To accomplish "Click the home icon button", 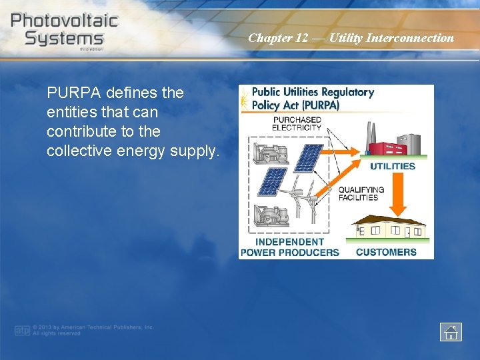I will (451, 331).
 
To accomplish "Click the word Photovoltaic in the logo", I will (64, 20).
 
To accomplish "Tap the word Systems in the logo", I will (64, 38).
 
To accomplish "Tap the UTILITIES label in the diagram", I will (393, 166).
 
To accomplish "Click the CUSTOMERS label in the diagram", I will (386, 252).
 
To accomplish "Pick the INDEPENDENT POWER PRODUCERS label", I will (289, 247).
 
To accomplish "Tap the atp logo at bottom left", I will (22, 330).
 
